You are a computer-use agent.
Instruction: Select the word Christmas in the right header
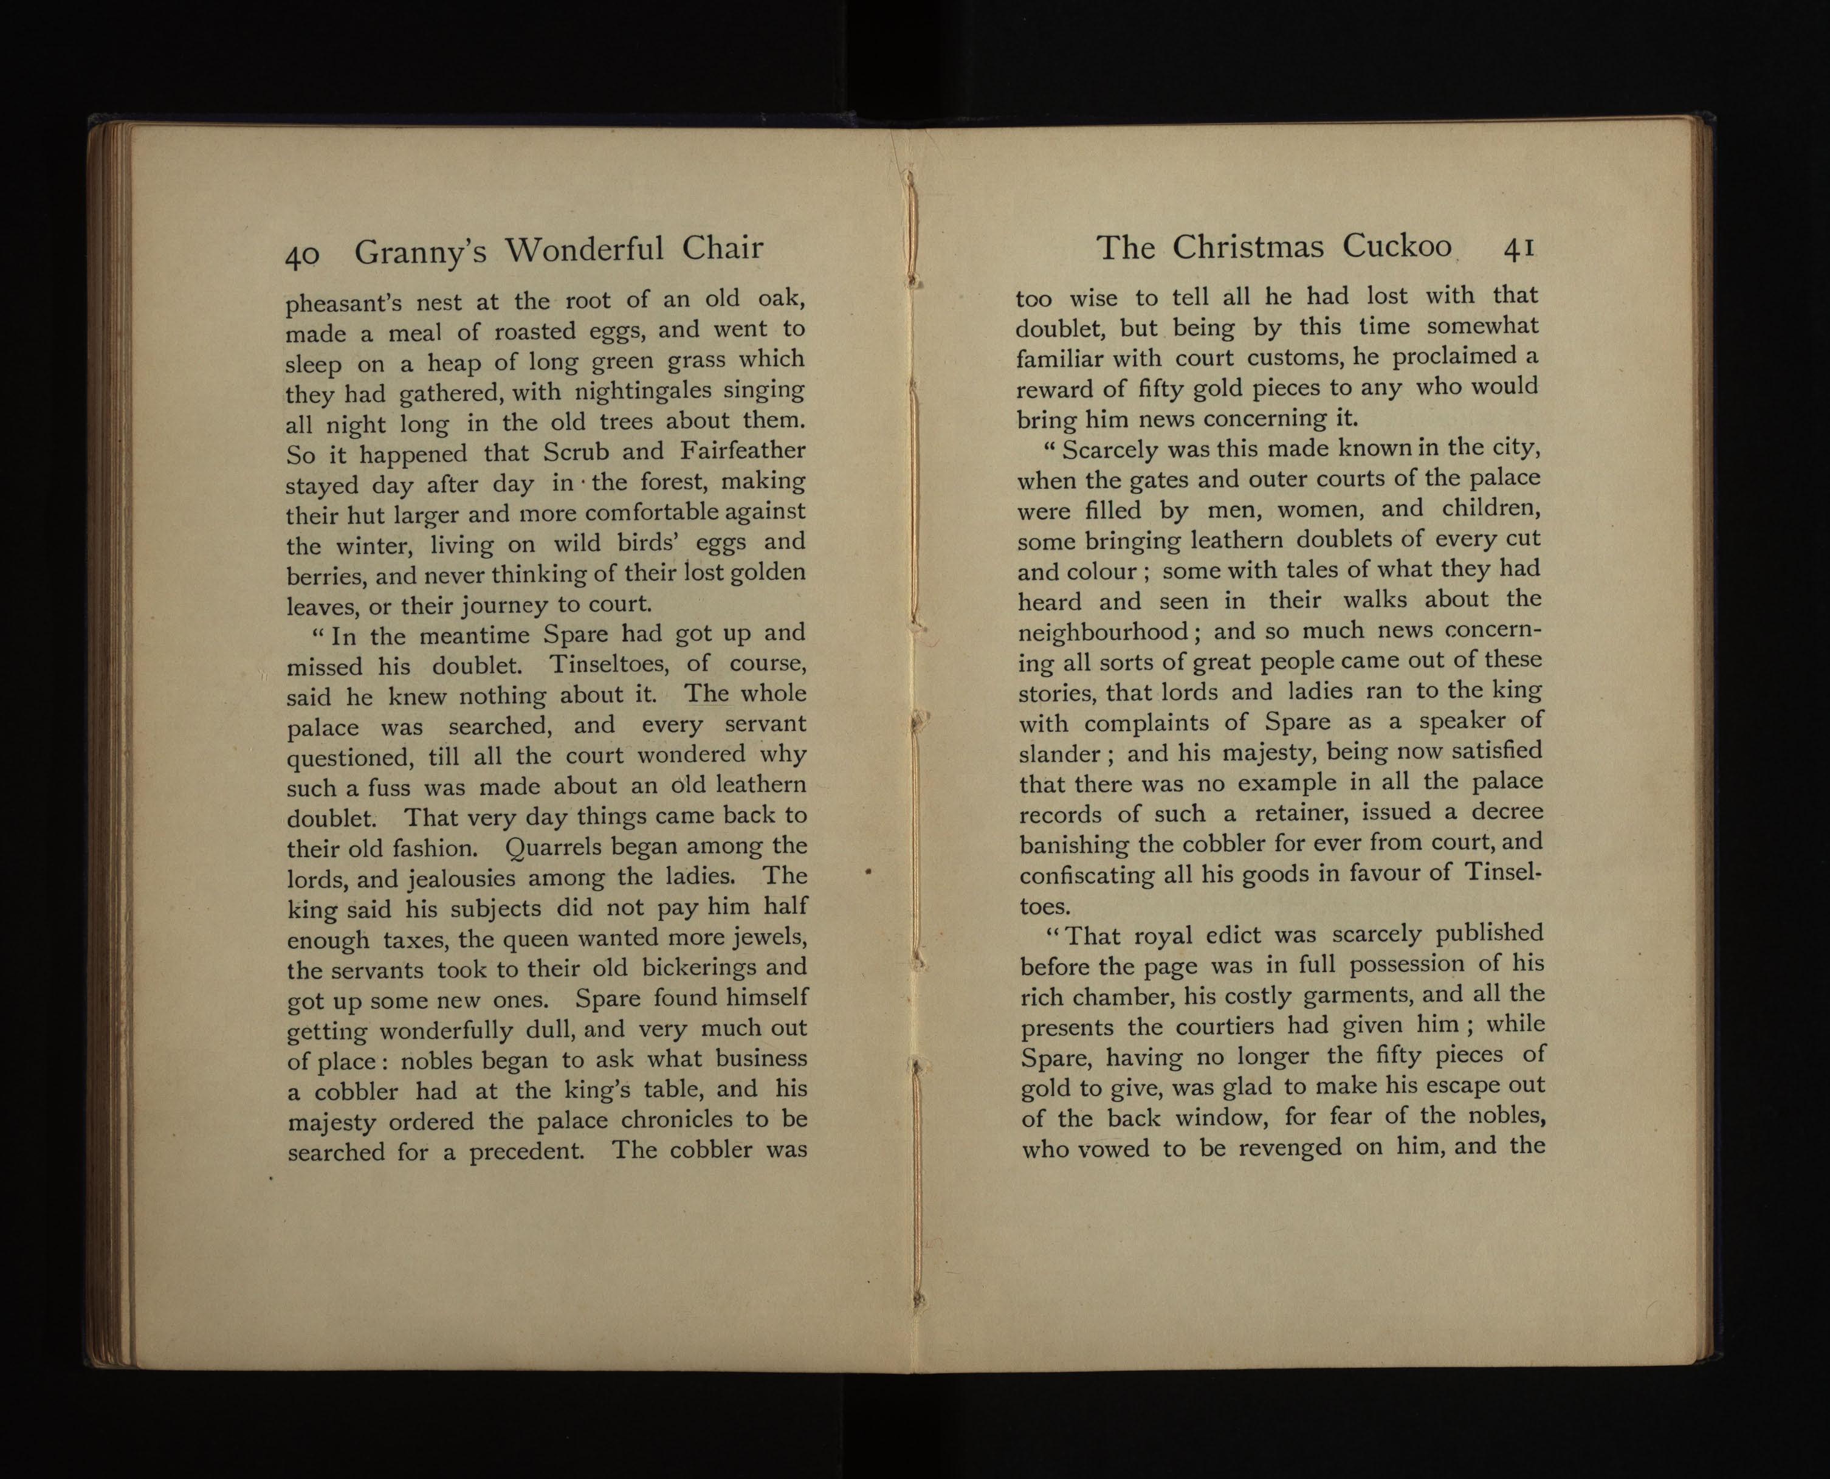coord(1248,247)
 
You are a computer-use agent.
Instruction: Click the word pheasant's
coord(344,303)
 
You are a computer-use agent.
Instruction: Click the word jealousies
coord(460,878)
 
